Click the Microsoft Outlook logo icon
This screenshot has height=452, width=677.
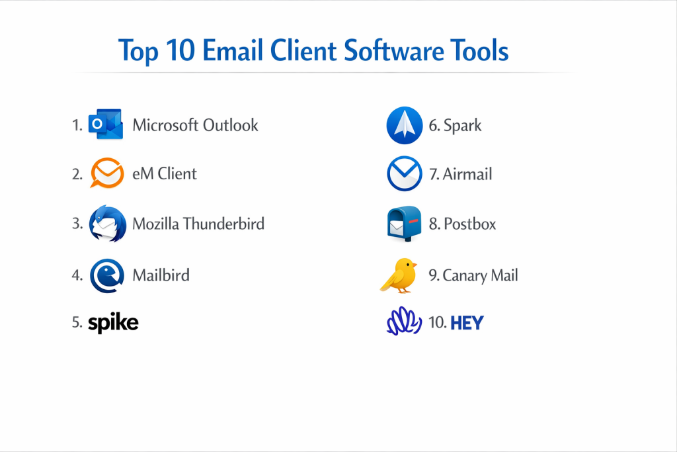click(106, 124)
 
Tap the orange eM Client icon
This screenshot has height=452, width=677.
click(107, 173)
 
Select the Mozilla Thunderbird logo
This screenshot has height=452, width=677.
click(108, 224)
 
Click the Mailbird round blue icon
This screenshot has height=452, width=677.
click(107, 276)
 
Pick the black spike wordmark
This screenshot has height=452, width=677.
click(113, 322)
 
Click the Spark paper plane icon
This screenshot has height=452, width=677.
click(405, 125)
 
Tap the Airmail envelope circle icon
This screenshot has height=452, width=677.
click(405, 173)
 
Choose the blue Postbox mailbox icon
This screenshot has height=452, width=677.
click(404, 224)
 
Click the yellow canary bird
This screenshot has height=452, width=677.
click(399, 276)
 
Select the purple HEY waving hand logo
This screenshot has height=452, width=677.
click(404, 321)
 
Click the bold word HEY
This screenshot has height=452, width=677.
click(467, 323)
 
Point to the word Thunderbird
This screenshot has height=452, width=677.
click(223, 224)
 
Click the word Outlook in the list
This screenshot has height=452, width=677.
click(231, 125)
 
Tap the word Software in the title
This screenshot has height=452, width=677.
click(393, 50)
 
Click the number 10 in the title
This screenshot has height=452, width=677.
click(180, 50)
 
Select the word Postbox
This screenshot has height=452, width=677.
click(470, 224)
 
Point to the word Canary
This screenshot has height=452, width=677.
click(465, 276)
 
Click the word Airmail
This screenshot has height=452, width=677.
click(467, 174)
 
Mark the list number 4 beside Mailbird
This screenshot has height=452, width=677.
click(76, 275)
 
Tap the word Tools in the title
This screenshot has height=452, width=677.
click(479, 50)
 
